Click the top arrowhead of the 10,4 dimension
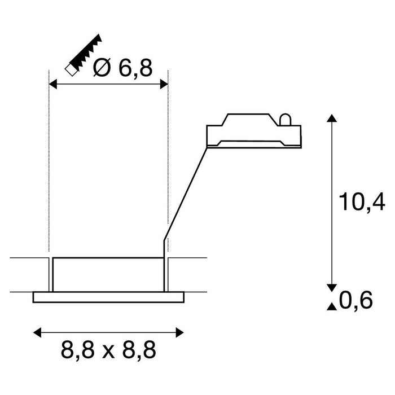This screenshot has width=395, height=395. click(332, 118)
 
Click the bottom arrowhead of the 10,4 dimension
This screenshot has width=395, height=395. click(332, 286)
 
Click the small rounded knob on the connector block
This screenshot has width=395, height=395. click(285, 119)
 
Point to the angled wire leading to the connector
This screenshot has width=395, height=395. click(186, 192)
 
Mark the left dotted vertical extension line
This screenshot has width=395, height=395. click(50, 169)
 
